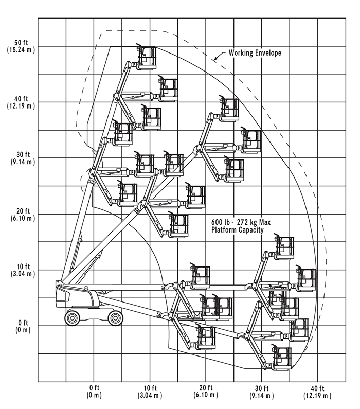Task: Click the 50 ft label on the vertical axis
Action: tap(21, 46)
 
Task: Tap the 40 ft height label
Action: tap(21, 102)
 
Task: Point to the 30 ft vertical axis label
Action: tap(21, 158)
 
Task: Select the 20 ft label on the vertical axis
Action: tap(21, 214)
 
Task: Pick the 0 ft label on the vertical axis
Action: tap(21, 326)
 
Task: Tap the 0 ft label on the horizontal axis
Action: tap(94, 391)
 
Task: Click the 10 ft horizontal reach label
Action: tap(150, 391)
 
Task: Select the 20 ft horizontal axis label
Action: tap(206, 391)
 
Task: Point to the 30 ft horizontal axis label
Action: tap(262, 391)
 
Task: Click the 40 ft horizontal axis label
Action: tap(317, 391)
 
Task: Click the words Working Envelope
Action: tap(255, 53)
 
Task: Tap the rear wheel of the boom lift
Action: tap(74, 317)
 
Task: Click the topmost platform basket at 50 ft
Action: tap(147, 57)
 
